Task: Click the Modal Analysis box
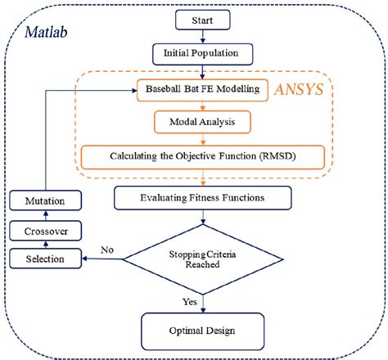click(x=202, y=122)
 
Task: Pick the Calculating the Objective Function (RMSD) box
click(x=202, y=155)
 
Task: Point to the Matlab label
click(x=46, y=34)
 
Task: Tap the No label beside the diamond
click(x=107, y=250)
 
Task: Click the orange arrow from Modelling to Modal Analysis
click(x=202, y=105)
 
